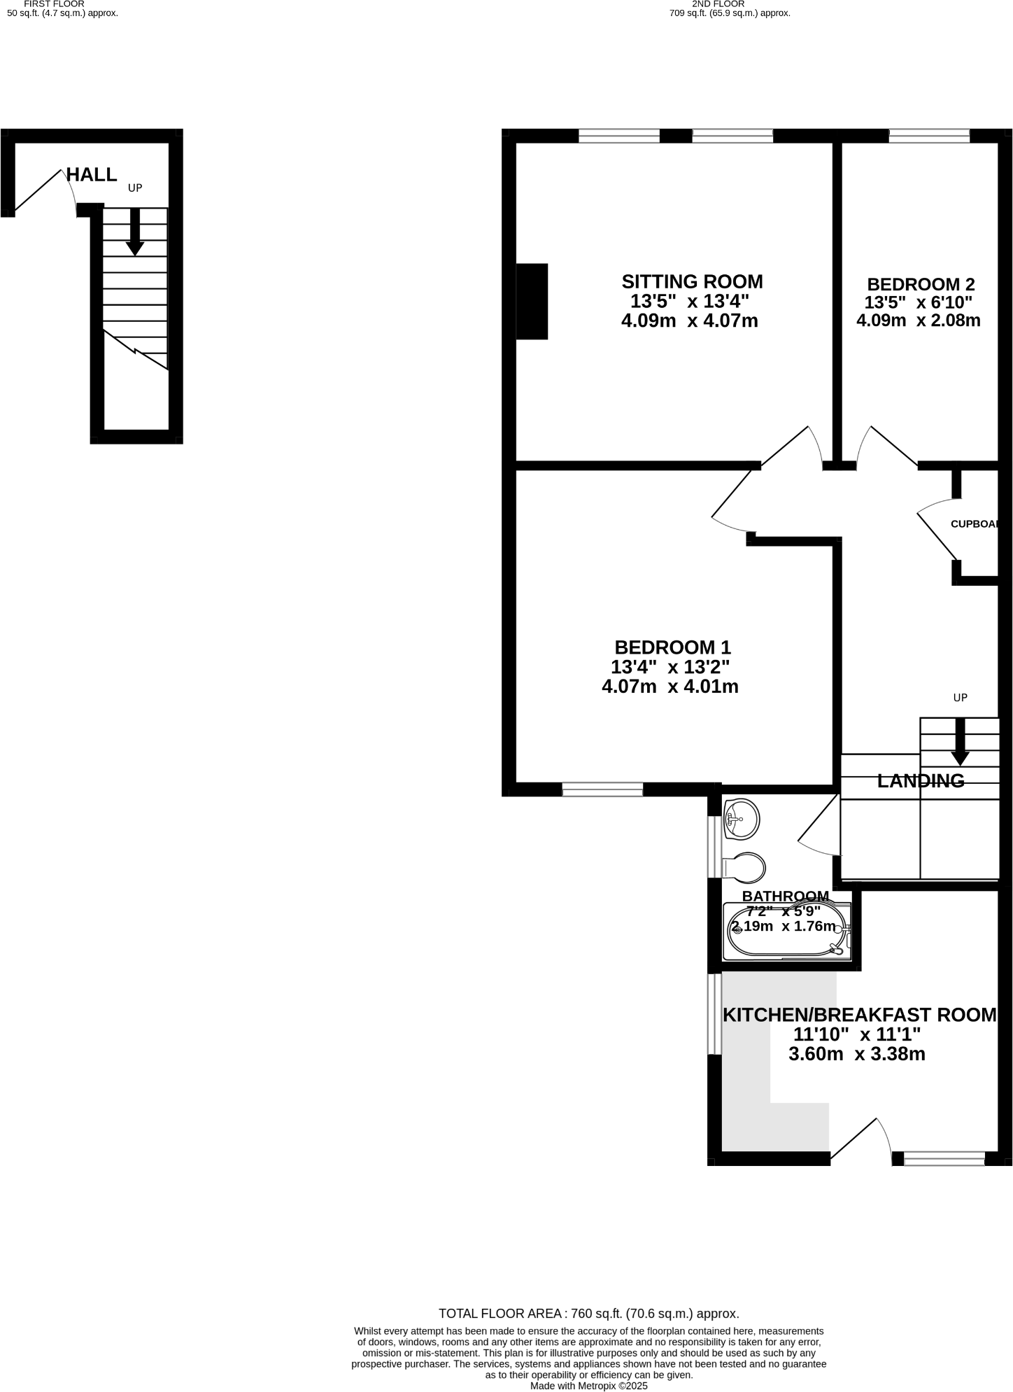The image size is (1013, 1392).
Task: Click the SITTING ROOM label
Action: point(692,282)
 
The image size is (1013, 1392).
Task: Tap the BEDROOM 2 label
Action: point(921,285)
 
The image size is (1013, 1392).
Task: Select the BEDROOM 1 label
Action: point(672,647)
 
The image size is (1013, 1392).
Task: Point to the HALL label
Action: point(92,175)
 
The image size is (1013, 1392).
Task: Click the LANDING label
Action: point(921,781)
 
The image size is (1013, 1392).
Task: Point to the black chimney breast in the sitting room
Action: point(532,302)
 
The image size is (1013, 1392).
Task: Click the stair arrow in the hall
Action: point(135,232)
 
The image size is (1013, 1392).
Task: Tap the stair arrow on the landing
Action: point(960,743)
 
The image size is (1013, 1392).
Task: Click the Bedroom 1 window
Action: point(602,790)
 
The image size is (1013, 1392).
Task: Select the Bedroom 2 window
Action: point(929,136)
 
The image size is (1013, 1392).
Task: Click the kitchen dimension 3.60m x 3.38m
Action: point(856,1054)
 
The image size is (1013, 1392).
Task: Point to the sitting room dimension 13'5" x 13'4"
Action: point(690,302)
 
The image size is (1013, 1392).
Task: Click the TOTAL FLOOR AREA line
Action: point(588,1314)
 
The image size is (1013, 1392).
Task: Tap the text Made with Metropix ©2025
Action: point(589,1386)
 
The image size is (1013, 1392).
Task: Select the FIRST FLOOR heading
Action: point(54,4)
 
